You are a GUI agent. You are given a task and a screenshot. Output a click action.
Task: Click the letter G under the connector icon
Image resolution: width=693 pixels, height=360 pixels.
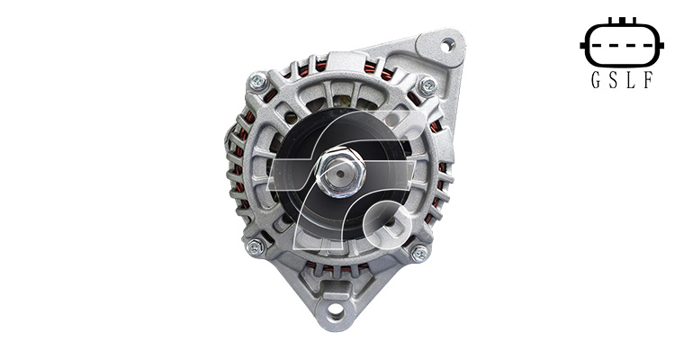596,80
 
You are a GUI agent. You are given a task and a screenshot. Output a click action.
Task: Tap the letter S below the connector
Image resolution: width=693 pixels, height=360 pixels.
613,80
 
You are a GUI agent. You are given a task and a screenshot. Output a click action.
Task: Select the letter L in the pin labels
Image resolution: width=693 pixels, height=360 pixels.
631,80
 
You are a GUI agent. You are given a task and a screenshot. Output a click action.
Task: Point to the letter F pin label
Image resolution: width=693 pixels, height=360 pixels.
648,80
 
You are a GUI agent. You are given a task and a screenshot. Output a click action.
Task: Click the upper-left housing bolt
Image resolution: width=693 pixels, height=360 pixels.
257,81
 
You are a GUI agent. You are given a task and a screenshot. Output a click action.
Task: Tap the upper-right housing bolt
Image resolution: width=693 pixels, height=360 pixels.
427,85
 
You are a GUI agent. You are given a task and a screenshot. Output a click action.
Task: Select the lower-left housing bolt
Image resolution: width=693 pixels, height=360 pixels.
256,247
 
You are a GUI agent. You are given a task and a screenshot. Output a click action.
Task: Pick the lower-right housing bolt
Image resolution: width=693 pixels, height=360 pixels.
419,254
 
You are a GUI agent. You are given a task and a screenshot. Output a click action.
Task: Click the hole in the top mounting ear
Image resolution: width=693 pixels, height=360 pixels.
447,45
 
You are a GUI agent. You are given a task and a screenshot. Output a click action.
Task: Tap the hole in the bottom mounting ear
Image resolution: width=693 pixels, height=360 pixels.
336,311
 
